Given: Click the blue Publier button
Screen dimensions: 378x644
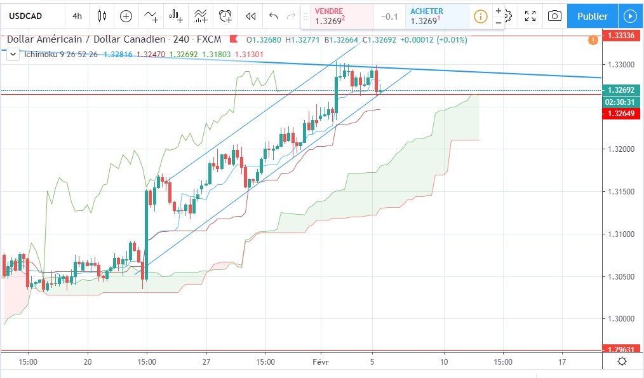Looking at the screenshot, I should pos(592,16).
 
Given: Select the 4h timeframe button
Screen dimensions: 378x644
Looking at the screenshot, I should pos(77,16).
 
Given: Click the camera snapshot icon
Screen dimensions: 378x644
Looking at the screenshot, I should pos(554,16).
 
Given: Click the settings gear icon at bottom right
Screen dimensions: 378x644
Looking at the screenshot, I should pos(622,361).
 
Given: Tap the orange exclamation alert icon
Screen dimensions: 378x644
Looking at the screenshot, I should pos(593,40).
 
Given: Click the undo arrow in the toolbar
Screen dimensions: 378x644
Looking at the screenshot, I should pos(274,16).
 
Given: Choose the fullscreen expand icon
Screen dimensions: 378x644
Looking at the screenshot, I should pos(530,16).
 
